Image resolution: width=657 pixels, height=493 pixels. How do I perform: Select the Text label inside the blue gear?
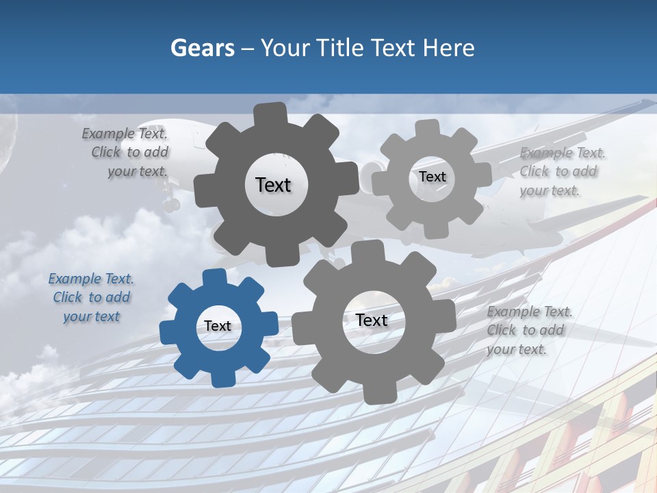tap(218, 327)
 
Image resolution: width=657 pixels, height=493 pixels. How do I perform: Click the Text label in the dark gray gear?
tap(273, 185)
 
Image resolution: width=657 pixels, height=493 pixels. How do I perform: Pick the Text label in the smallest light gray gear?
tap(433, 177)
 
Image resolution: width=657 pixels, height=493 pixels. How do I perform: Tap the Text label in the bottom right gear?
tap(372, 320)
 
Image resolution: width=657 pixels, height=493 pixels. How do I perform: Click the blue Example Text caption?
tap(91, 298)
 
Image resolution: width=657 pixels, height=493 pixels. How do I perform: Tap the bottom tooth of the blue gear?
tap(220, 378)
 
